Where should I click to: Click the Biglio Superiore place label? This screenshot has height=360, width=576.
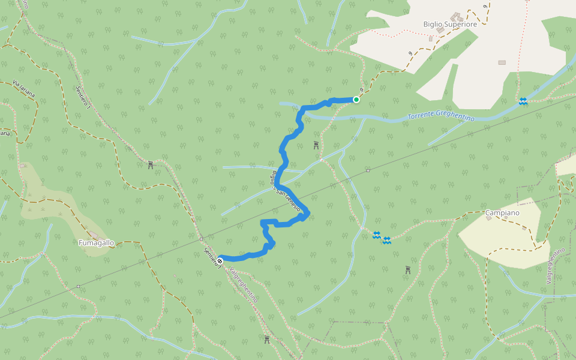(450, 25)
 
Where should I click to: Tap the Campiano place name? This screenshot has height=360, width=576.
(502, 212)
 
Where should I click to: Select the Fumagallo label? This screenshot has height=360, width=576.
(96, 243)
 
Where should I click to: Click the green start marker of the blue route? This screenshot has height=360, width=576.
(356, 100)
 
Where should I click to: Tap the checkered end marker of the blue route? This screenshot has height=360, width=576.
(220, 260)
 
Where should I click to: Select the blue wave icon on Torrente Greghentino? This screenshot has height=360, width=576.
(523, 102)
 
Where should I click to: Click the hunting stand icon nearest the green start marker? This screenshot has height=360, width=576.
(316, 145)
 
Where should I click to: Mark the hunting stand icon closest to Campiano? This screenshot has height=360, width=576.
(408, 269)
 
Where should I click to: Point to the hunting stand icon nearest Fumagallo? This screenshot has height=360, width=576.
(150, 165)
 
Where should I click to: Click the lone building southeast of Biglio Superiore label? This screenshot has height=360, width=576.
(502, 62)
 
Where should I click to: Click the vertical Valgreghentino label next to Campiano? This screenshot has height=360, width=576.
(556, 266)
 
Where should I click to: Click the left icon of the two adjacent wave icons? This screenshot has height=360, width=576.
(377, 235)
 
